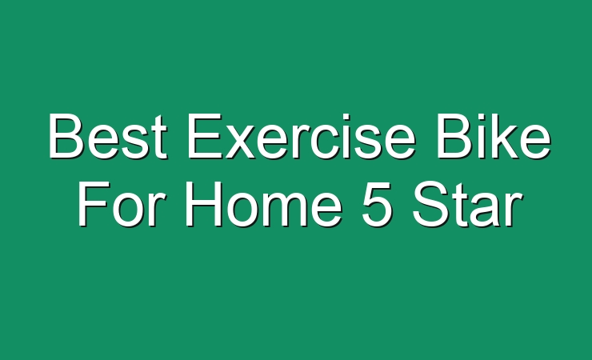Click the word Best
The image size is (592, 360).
108,136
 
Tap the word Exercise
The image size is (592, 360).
302,136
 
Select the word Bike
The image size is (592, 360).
494,136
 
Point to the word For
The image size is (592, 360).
122,204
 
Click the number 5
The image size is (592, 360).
377,204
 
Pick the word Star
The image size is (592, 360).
467,204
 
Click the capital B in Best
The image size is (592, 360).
66,136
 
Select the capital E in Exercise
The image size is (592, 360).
205,136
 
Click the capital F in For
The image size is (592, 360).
94,204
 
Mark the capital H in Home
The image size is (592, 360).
203,204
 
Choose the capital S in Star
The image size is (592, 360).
430,204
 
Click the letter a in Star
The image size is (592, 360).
484,210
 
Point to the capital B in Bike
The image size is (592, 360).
455,136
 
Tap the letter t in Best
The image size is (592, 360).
160,138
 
